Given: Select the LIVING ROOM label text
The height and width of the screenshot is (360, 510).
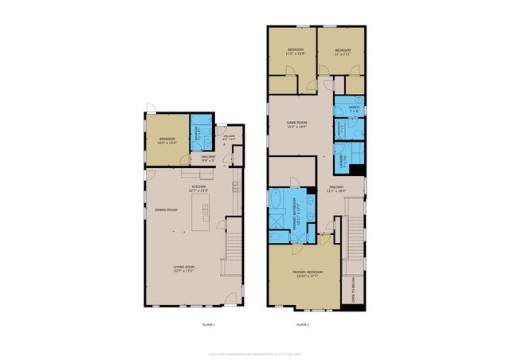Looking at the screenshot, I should tap(184, 268).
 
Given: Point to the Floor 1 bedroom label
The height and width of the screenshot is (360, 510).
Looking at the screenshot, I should tap(167, 141).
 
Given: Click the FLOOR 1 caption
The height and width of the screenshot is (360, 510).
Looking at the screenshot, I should tap(208, 325).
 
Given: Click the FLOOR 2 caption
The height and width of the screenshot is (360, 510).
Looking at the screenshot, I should tap(302, 325).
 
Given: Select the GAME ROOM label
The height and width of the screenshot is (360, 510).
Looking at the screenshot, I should tap(297, 124).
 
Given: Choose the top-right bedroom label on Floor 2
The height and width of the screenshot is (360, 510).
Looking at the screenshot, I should tap(342, 53).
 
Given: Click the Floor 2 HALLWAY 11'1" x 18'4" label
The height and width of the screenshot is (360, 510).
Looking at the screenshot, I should tap(336, 190).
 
